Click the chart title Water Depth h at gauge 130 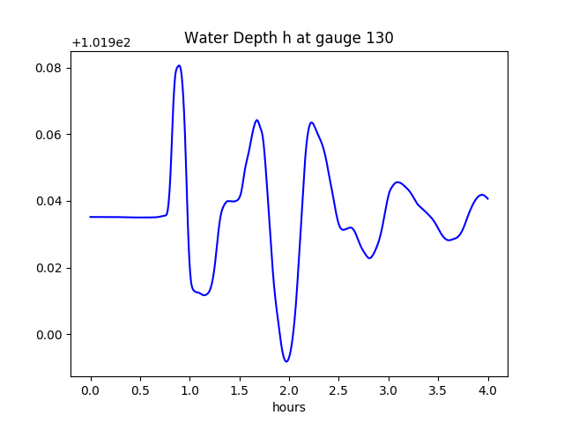coord(288,38)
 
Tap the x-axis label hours coord(288,407)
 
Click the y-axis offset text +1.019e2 coord(100,42)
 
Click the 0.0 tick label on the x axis coord(91,390)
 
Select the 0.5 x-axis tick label coord(140,390)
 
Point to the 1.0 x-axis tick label coord(190,390)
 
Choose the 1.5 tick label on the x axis coord(240,390)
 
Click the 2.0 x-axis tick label coord(289,390)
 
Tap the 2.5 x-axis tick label coord(339,390)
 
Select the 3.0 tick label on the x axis coord(389,390)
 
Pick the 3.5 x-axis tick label coord(438,390)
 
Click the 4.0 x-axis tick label coord(488,390)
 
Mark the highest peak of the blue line coord(179,65)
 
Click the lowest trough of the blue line coord(286,361)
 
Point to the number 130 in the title coord(381,38)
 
